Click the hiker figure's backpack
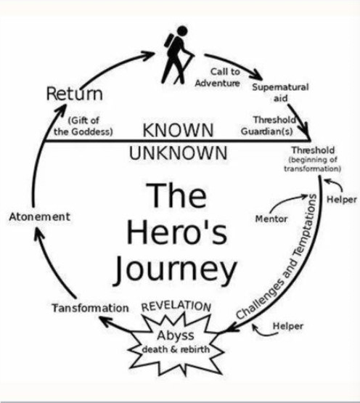tap(169, 41)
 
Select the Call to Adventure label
tap(218, 78)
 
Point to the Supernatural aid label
tap(280, 92)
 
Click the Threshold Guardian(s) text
tap(268, 126)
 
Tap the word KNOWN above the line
tap(178, 130)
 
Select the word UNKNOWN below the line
tap(179, 153)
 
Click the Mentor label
tap(271, 219)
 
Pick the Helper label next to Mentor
tap(342, 200)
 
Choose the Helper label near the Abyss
tap(288, 326)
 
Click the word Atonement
tap(40, 216)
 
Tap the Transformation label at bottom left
tap(90, 308)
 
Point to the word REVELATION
tap(176, 306)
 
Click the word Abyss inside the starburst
tap(176, 335)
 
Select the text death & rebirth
tap(176, 349)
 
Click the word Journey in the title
tap(175, 270)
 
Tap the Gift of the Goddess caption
tap(83, 126)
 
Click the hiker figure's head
tap(182, 30)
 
